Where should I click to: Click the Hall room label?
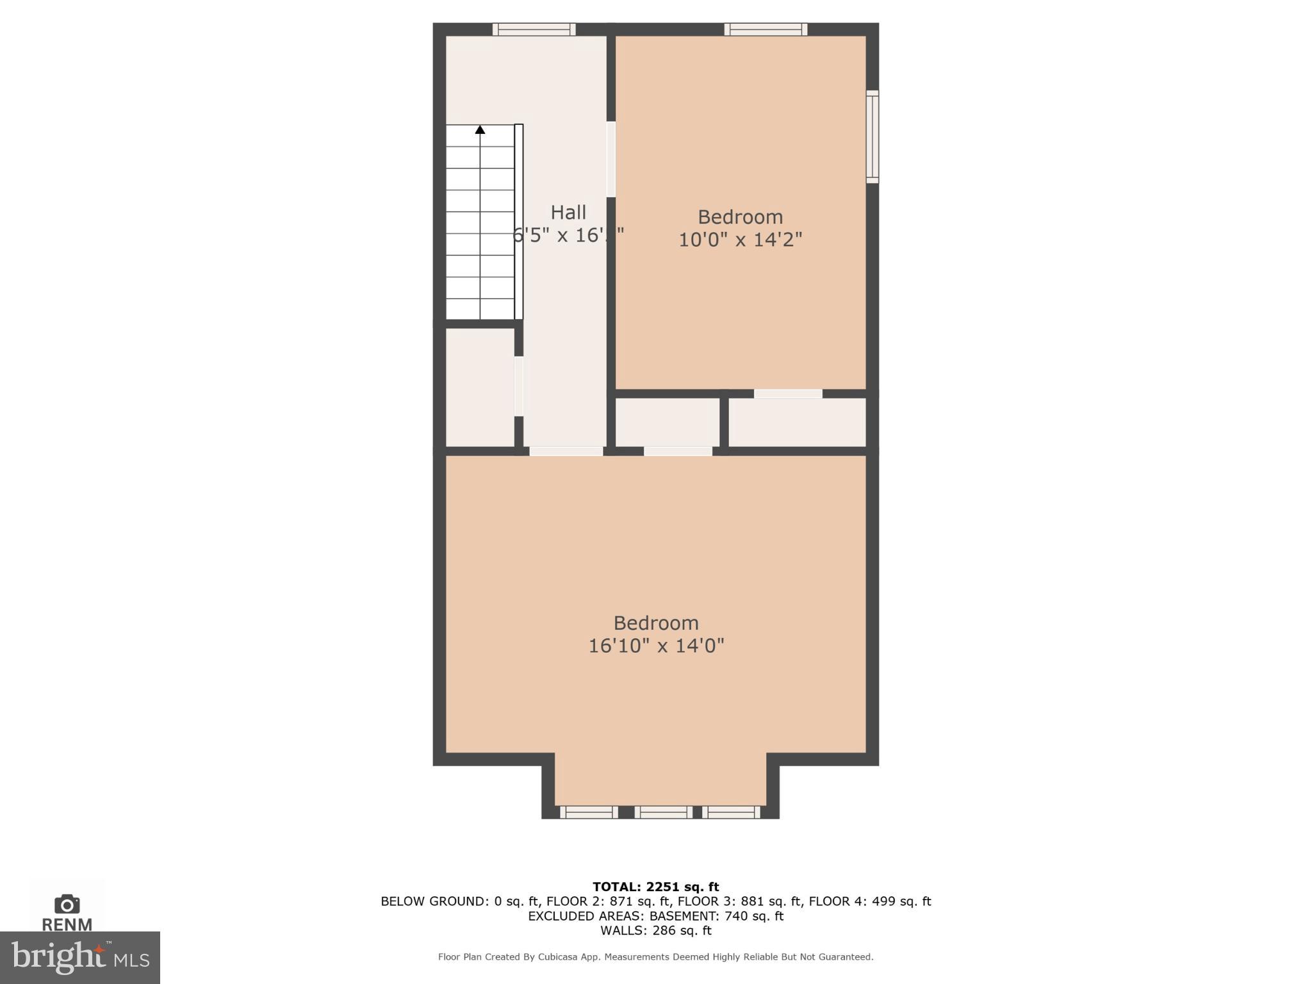pyautogui.click(x=568, y=212)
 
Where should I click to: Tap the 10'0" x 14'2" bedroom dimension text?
pyautogui.click(x=740, y=240)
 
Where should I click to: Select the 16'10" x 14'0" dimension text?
pyautogui.click(x=656, y=646)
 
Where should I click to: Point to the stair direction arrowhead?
pyautogui.click(x=480, y=130)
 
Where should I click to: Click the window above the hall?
pyautogui.click(x=534, y=29)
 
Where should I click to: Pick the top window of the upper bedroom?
pyautogui.click(x=766, y=29)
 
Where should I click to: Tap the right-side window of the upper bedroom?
pyautogui.click(x=872, y=136)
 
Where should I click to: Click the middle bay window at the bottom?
pyautogui.click(x=663, y=812)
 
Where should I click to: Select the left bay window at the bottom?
pyautogui.click(x=589, y=812)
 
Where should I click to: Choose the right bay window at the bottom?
pyautogui.click(x=731, y=812)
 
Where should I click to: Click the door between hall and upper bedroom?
pyautogui.click(x=611, y=159)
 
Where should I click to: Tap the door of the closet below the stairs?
pyautogui.click(x=519, y=386)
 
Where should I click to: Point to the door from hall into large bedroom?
pyautogui.click(x=566, y=451)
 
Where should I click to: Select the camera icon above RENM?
pyautogui.click(x=67, y=904)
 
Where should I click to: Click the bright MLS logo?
pyautogui.click(x=79, y=957)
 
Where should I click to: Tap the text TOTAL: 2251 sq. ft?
pyautogui.click(x=655, y=887)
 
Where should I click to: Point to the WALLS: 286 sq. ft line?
pyautogui.click(x=655, y=930)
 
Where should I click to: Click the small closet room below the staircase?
pyautogui.click(x=480, y=387)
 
